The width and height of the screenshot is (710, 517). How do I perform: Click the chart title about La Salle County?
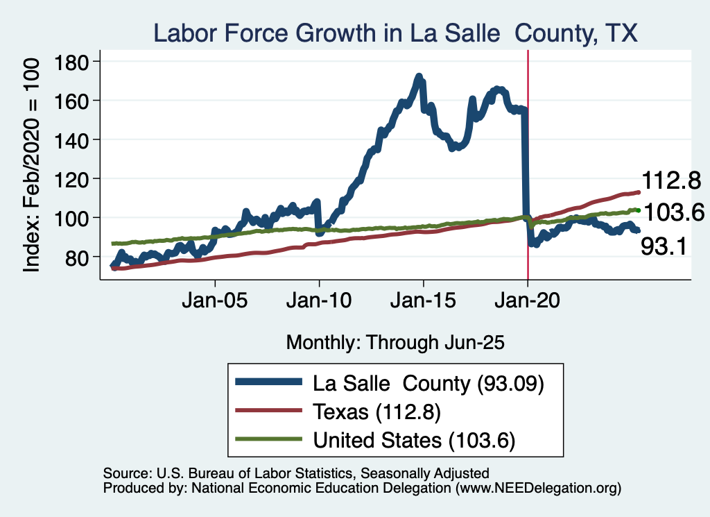coord(395,33)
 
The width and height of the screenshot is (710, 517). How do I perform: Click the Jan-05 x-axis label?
coord(215,303)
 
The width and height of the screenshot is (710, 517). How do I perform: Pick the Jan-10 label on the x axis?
coord(319,303)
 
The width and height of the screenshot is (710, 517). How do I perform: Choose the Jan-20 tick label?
coord(528,303)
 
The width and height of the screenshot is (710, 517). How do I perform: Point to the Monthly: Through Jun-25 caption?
coord(395,342)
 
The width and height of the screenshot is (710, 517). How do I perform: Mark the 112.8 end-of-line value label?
coord(669,182)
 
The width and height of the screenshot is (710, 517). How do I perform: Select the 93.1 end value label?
coord(663,246)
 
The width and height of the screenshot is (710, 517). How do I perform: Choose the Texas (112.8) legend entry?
coord(377,412)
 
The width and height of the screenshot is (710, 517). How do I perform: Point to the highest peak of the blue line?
coord(419,76)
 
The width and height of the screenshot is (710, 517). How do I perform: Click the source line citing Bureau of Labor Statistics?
coord(296,473)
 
